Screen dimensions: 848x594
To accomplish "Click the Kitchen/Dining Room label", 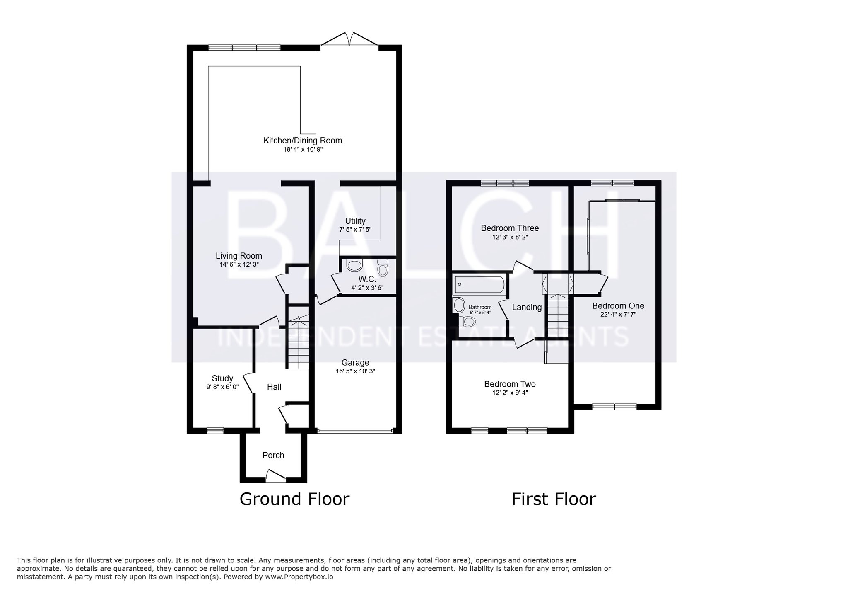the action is coord(303,141).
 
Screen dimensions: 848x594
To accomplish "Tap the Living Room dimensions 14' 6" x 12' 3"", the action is coord(239,264).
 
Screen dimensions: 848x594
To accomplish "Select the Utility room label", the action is coord(355,221).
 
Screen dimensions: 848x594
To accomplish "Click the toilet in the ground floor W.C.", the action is coord(383,267).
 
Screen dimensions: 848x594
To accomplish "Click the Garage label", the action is coord(355,363).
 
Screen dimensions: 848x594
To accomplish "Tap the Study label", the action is coord(222,378).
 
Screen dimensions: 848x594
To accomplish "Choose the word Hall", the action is coord(274,387).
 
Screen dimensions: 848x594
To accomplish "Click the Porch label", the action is coord(273,455).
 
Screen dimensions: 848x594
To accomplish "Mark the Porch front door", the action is coord(275,476).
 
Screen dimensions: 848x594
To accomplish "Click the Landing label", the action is coord(527,307).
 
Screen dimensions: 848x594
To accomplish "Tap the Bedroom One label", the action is coord(618,306).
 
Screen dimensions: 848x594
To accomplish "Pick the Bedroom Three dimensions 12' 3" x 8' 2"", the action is coord(510,237).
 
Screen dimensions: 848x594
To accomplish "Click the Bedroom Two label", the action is coord(510,384).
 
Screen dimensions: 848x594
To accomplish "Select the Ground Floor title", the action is coord(294,499).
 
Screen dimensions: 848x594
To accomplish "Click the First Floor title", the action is coord(554,499).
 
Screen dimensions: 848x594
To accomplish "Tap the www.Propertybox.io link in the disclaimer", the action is coord(299,577).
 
